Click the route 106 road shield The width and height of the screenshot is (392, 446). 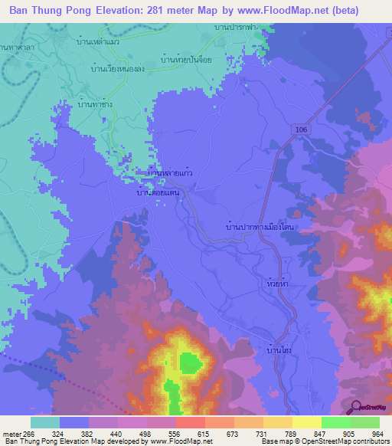point(302,131)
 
